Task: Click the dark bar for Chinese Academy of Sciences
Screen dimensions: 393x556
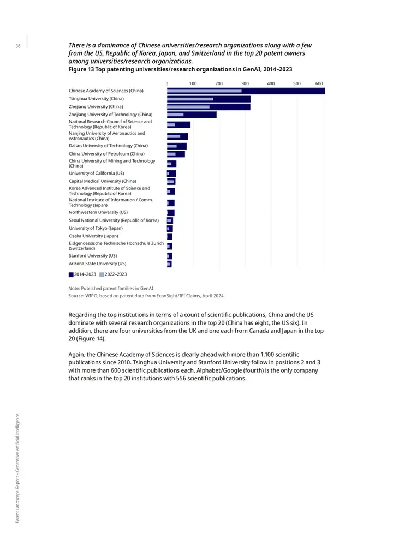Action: click(246, 91)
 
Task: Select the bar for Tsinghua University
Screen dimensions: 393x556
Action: click(209, 99)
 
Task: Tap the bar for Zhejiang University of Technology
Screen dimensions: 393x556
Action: click(192, 115)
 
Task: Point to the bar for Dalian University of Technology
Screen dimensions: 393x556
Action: click(177, 146)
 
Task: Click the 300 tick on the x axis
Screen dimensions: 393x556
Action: click(245, 83)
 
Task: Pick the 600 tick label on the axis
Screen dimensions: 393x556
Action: click(319, 83)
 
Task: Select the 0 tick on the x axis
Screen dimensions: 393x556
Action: click(167, 83)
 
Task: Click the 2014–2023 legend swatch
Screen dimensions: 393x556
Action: click(71, 274)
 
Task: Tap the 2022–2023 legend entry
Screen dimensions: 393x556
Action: click(113, 274)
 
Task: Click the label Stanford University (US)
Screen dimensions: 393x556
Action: click(93, 256)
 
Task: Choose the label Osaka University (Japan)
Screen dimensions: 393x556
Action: click(94, 236)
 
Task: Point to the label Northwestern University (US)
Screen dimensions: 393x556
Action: click(98, 212)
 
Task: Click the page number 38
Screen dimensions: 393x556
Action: click(17, 46)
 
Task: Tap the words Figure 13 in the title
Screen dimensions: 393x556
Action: click(81, 69)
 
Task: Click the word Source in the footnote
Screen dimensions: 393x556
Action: click(75, 296)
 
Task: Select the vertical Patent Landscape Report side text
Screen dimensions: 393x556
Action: click(17, 468)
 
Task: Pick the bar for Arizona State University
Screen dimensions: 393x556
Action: click(169, 264)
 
